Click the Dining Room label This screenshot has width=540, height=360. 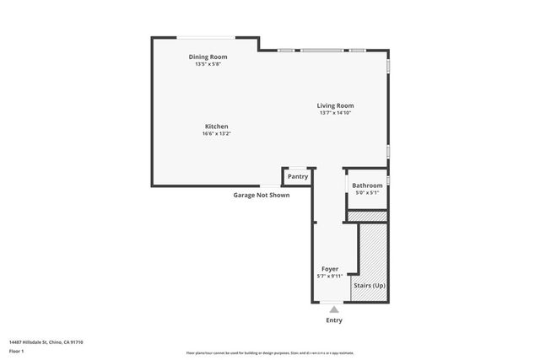tap(208, 57)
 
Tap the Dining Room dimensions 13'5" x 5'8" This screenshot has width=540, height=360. tap(208, 64)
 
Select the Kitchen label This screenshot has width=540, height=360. tap(216, 126)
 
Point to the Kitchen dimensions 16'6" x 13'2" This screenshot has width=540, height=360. tap(216, 133)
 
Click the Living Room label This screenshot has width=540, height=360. tap(335, 106)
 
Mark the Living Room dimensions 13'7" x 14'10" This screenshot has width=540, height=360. tap(335, 113)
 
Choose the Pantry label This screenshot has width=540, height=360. tap(298, 177)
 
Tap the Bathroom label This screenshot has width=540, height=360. tap(367, 185)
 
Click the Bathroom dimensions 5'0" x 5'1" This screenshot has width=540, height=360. tap(367, 193)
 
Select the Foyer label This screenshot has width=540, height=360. tap(330, 269)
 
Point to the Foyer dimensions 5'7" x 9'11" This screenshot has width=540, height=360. tap(330, 276)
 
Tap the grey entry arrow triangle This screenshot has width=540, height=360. tap(334, 309)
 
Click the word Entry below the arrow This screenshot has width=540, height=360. tap(334, 321)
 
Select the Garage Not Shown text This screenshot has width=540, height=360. tap(262, 195)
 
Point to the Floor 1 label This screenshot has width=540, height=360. tap(16, 350)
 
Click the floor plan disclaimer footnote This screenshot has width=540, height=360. tap(270, 352)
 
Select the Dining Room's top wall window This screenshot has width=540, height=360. tap(206, 37)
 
